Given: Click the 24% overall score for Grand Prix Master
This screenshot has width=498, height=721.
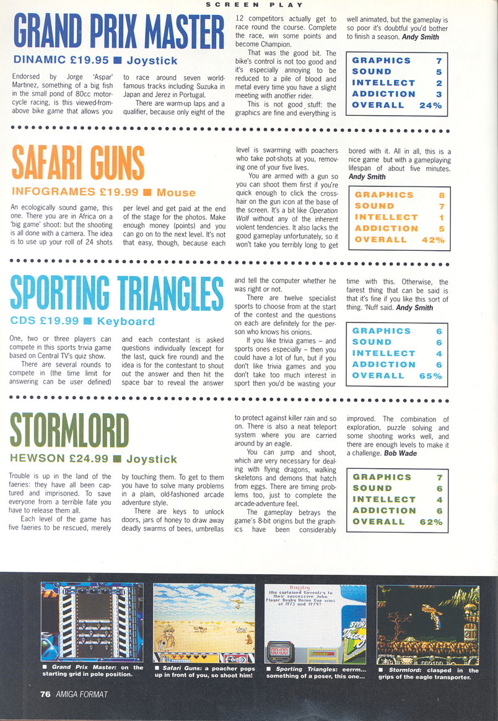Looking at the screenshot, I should pos(429,105).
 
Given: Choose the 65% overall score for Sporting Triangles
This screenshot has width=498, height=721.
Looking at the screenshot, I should pos(429,375).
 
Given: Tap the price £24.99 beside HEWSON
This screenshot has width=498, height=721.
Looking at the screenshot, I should pos(86,459).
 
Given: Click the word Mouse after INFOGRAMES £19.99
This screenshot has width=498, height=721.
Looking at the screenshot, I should pos(176,193).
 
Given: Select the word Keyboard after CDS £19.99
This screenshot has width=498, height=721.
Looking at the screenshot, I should pos(126,321).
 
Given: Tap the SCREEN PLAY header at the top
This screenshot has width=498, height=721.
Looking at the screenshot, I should pos(249,4).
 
